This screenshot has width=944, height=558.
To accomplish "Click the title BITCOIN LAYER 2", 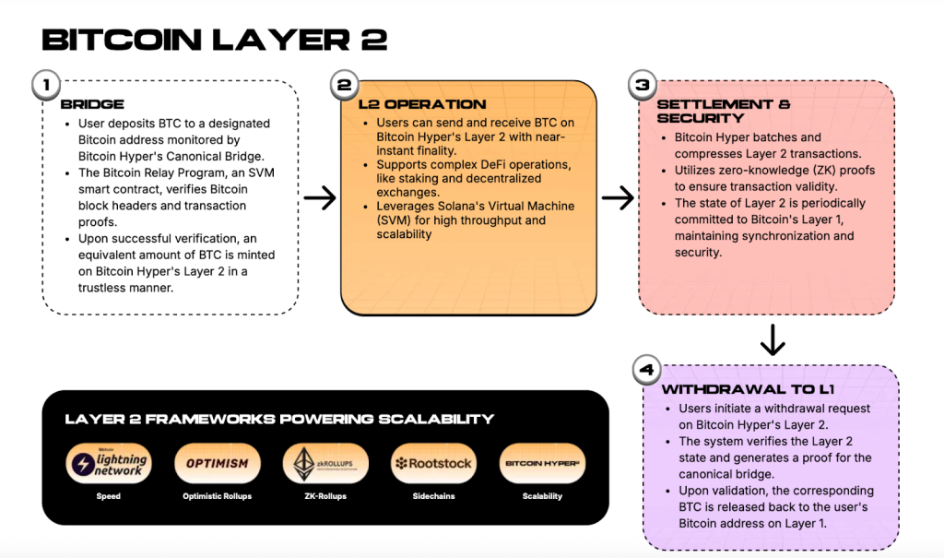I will coord(214,40).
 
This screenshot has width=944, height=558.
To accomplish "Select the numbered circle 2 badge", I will coord(343,86).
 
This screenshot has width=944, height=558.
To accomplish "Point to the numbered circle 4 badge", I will coord(646,371).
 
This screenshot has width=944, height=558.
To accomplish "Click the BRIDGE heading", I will coord(92,104).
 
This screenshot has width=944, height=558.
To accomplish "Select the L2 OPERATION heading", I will coord(422,104).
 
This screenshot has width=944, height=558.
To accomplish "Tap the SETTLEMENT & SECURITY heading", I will coord(724,111).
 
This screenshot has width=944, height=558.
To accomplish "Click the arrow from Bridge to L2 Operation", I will coord(320,198).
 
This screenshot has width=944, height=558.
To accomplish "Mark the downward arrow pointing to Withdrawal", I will coord(773,342).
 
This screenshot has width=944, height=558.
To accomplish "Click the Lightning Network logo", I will coord(109,463).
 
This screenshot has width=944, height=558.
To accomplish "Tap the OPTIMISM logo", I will coord(218,463).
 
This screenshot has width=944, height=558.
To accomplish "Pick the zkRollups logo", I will coord(325,463).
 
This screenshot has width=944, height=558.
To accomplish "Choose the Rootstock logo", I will coord(433,463).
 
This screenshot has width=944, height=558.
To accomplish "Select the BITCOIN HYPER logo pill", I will coord(542,463).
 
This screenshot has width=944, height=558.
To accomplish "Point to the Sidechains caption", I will coord(433,496).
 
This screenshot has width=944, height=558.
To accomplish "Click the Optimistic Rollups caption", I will coord(218,496).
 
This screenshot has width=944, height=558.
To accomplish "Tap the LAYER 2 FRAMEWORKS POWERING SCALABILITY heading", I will coord(279,420).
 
